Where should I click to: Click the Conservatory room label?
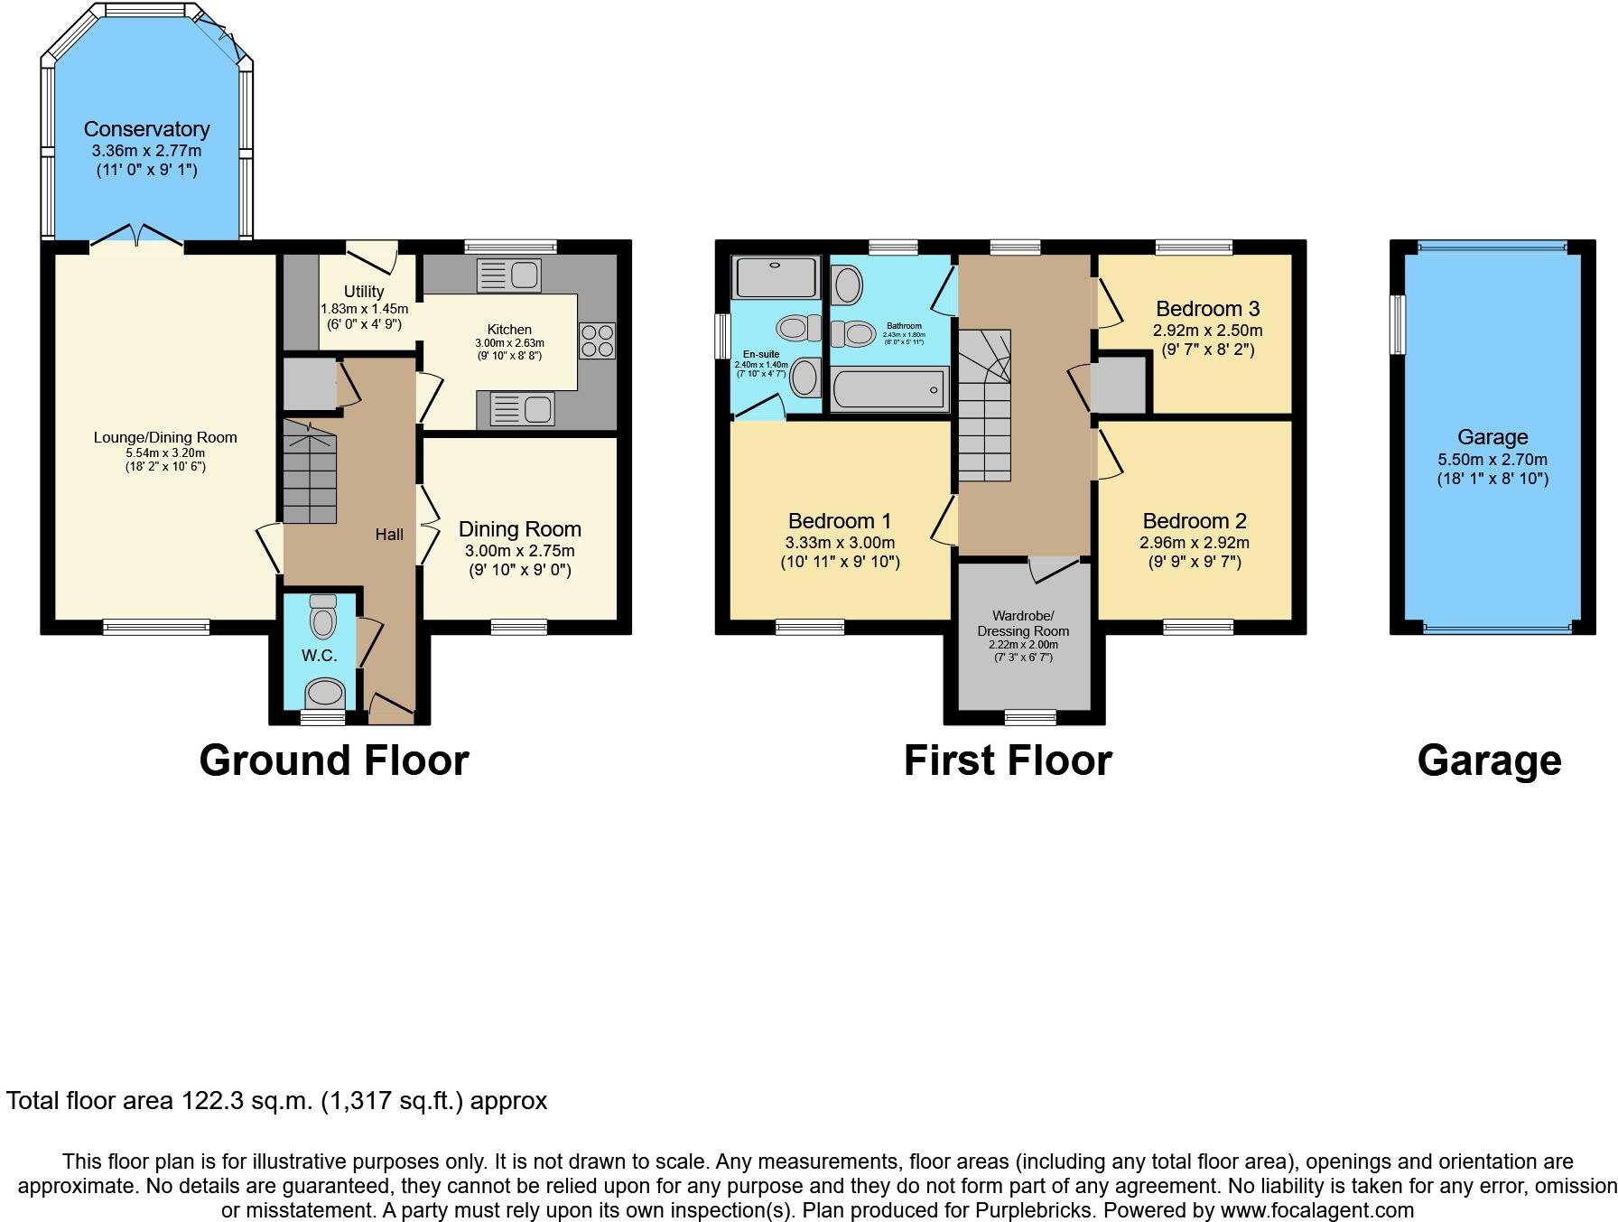click(146, 129)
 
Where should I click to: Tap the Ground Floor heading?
click(333, 760)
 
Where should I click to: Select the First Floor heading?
click(1007, 760)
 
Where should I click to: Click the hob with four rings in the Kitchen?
click(597, 340)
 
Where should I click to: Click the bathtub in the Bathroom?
click(889, 390)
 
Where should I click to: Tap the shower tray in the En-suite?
click(777, 277)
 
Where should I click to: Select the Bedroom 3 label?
click(1207, 309)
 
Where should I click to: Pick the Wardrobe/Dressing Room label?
click(1022, 624)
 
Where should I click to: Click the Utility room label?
click(363, 291)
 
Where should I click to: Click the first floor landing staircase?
click(983, 406)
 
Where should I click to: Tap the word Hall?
click(389, 535)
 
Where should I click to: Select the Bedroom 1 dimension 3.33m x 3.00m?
click(840, 542)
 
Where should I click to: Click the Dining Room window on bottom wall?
click(519, 625)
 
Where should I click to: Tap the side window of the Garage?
click(1398, 325)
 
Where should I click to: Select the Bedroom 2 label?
click(1194, 521)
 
